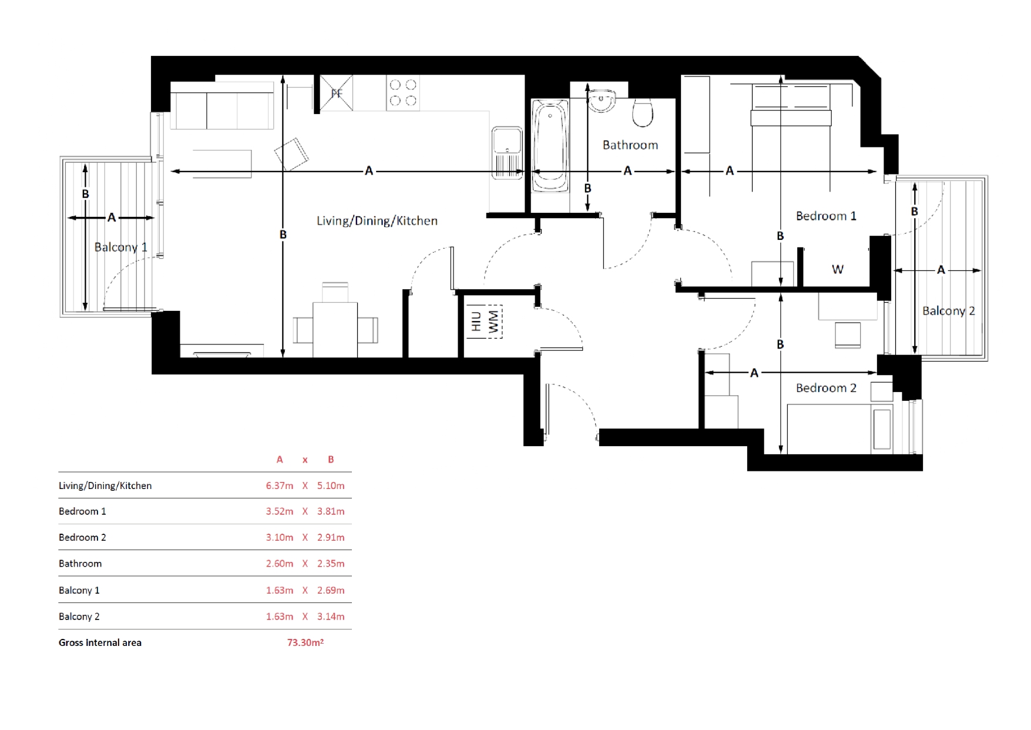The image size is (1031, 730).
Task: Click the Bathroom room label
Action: point(630,145)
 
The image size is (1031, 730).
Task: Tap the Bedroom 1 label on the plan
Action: point(826,216)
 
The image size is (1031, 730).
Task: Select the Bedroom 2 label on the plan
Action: point(826,388)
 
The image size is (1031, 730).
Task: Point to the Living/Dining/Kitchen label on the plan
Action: point(377,221)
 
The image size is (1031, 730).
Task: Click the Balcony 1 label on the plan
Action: point(121,247)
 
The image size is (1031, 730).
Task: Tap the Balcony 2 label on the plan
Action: point(948,311)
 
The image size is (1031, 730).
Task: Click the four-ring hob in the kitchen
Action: point(403,93)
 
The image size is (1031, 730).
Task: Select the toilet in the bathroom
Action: point(643,113)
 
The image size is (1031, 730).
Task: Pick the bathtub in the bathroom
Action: point(550,145)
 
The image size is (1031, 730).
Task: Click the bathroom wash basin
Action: point(601,101)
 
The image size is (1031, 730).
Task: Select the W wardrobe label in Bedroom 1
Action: point(838,269)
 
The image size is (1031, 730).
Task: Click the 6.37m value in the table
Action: point(279,485)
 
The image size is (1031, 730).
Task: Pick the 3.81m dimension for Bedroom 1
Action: point(331,511)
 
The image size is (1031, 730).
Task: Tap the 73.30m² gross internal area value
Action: point(305,642)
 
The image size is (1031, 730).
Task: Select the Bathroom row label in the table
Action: point(80,564)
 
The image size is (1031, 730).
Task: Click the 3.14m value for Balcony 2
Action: point(331,617)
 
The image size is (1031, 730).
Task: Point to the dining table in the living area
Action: point(335,329)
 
